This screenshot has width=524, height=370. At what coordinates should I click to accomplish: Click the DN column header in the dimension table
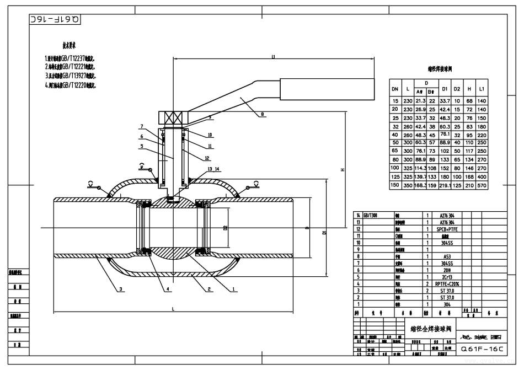[x=395, y=89]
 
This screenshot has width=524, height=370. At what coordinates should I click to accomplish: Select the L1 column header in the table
[x=482, y=89]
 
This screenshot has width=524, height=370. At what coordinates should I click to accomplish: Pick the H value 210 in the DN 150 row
[x=469, y=185]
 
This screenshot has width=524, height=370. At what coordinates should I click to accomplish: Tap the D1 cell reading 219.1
[x=444, y=185]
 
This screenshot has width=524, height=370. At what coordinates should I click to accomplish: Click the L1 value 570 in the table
[x=482, y=185]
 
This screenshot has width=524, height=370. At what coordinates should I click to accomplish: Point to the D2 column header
[x=457, y=89]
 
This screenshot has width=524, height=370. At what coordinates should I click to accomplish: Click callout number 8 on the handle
[x=262, y=114]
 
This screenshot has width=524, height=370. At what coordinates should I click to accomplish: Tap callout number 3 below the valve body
[x=120, y=289]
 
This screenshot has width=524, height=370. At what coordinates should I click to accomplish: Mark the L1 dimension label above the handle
[x=273, y=55]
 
